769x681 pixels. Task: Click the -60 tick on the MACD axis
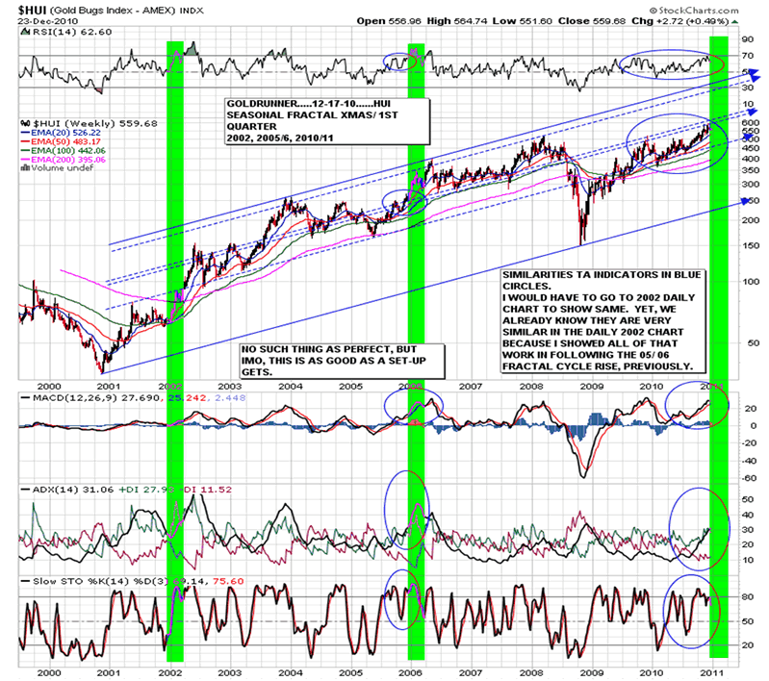[745, 477]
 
